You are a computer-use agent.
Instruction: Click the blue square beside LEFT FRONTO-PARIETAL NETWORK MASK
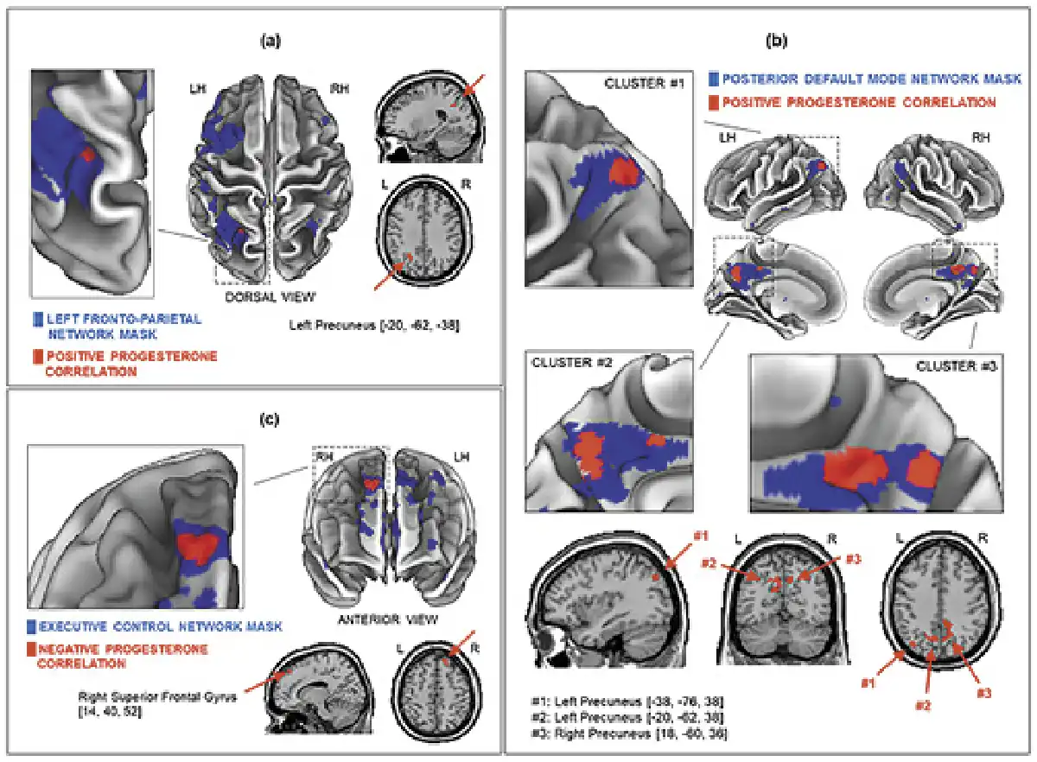pos(35,318)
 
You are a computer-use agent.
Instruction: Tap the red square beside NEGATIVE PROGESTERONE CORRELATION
pos(33,648)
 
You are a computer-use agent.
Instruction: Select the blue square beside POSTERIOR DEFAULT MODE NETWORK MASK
pos(712,79)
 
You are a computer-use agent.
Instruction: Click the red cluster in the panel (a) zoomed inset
pos(86,153)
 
